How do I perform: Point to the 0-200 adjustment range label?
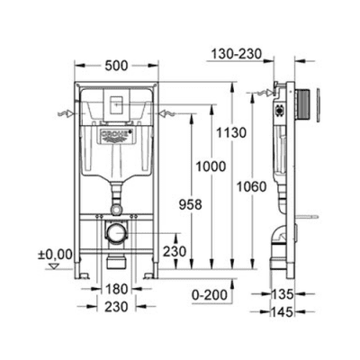point(212,294)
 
